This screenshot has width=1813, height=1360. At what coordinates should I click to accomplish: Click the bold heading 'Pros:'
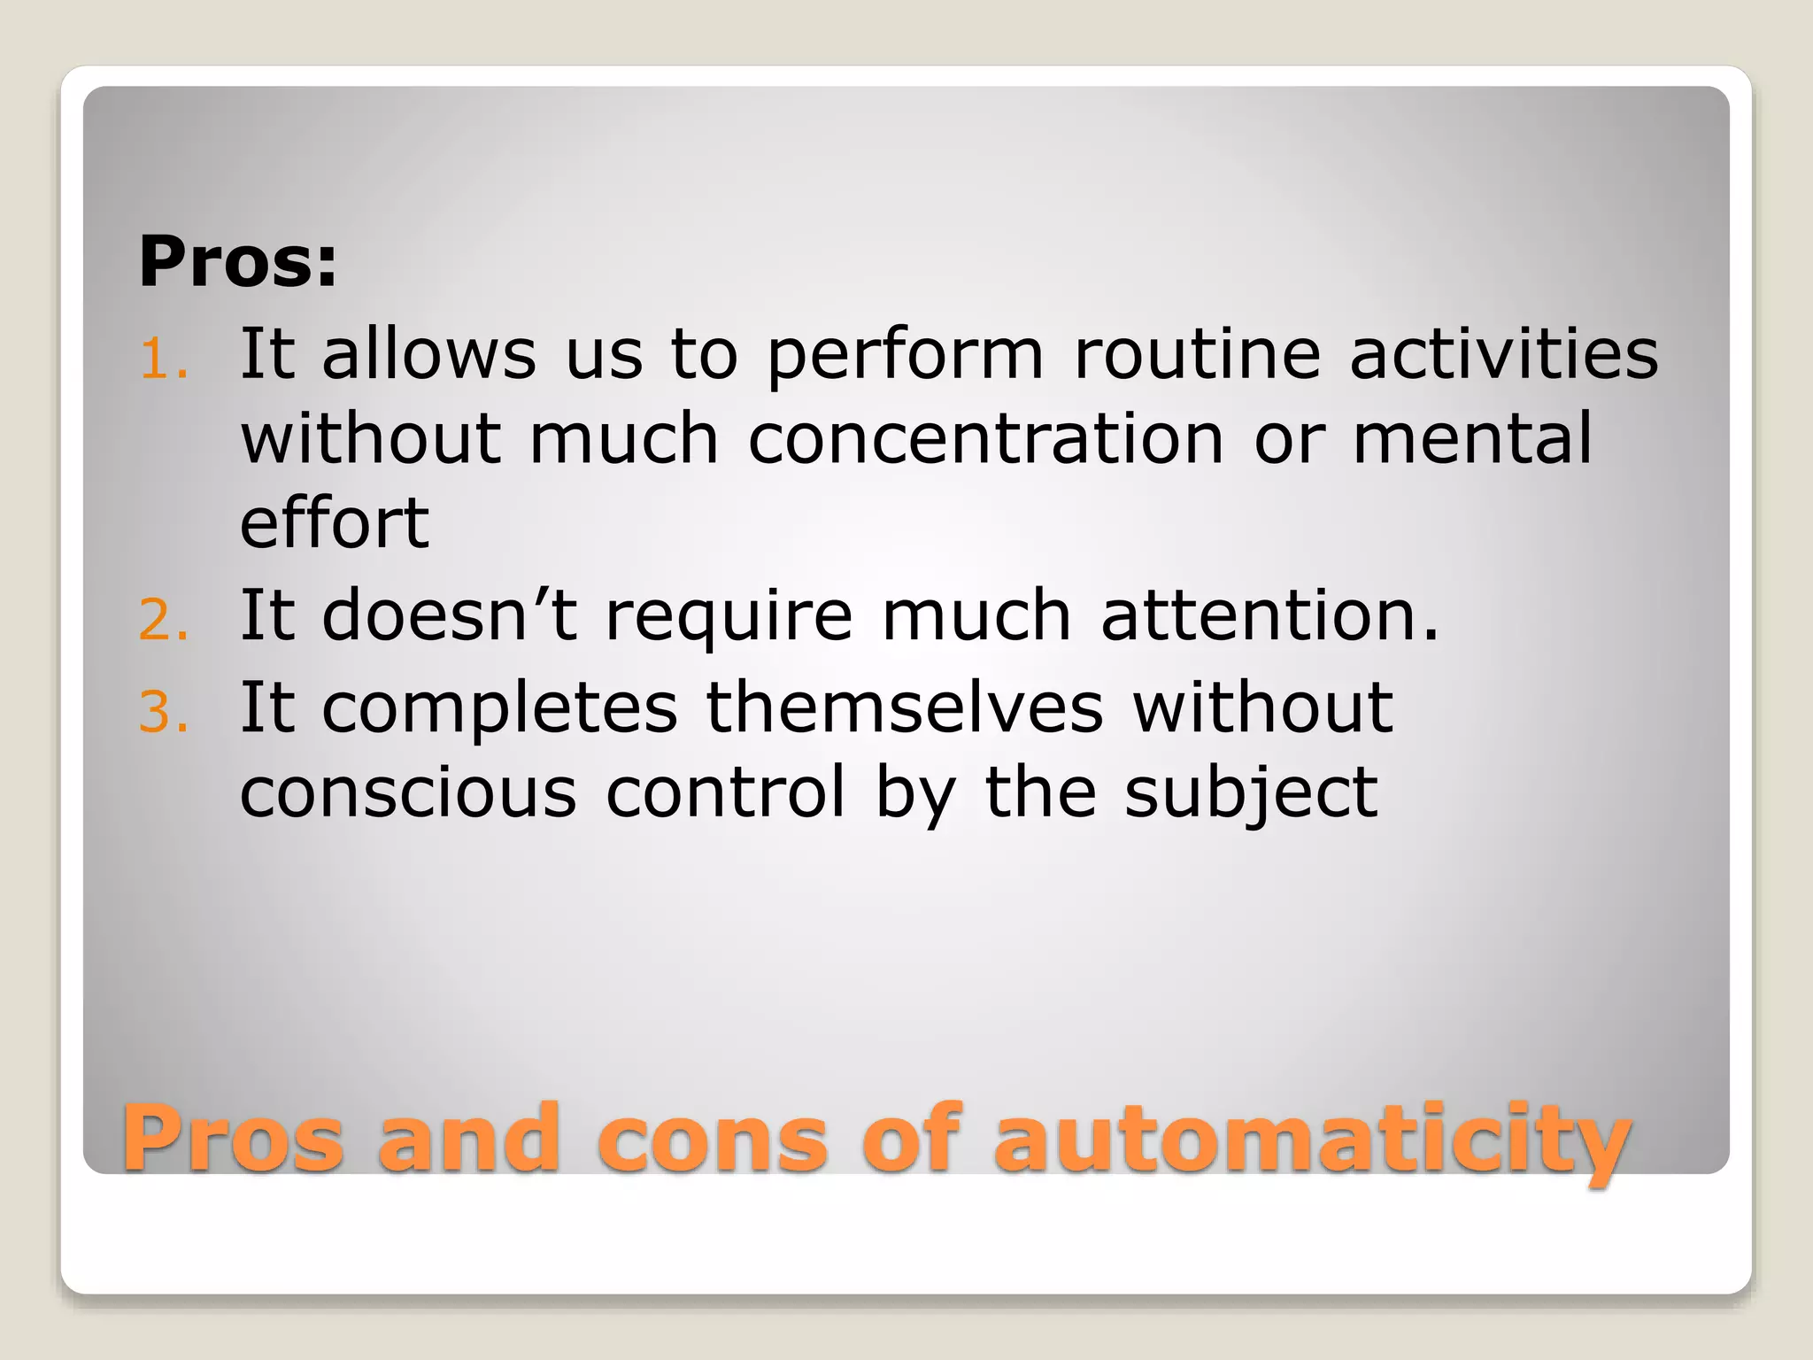pos(237,261)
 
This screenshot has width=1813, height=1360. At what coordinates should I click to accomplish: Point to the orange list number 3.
pos(164,712)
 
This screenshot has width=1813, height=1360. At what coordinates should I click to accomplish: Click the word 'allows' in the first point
pos(428,353)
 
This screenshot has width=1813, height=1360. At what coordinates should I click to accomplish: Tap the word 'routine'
pos(1198,353)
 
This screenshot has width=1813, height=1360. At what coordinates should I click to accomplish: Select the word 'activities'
pos(1504,353)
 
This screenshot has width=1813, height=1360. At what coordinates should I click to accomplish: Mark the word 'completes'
pos(499,708)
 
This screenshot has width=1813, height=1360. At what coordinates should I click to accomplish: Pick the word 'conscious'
pos(408,792)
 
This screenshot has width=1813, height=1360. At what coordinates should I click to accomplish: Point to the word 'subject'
pos(1251,793)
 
